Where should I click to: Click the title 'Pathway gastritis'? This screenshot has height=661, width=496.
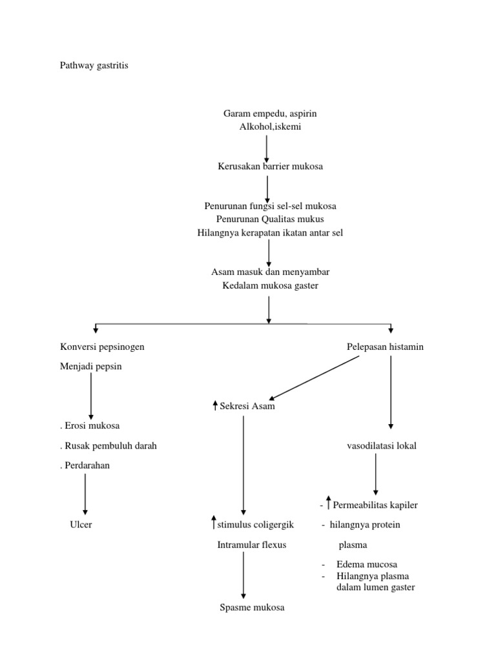(94, 66)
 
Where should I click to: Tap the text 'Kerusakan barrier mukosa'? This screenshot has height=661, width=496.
(270, 167)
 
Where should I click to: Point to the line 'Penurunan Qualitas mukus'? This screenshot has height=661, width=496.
(270, 219)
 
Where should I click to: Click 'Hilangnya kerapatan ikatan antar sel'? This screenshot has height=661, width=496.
(270, 233)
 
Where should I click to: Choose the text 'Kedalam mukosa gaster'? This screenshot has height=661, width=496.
(270, 285)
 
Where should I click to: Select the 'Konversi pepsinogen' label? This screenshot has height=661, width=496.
(102, 347)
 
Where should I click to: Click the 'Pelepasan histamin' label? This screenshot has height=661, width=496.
(386, 347)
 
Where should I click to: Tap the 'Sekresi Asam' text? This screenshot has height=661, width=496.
(247, 406)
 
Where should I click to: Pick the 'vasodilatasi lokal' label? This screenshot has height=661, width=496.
(378, 445)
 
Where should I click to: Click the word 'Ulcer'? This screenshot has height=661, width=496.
(81, 525)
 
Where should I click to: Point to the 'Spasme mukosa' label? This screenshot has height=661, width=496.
(251, 608)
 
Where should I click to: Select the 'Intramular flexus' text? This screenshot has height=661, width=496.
(251, 545)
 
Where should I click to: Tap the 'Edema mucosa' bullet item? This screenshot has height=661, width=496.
(366, 564)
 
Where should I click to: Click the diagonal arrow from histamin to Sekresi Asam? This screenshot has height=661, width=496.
(315, 378)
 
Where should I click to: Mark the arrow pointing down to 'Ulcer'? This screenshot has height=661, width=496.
(85, 495)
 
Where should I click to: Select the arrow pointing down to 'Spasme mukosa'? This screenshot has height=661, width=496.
(243, 576)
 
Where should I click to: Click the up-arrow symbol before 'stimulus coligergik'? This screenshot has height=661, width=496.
(214, 523)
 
